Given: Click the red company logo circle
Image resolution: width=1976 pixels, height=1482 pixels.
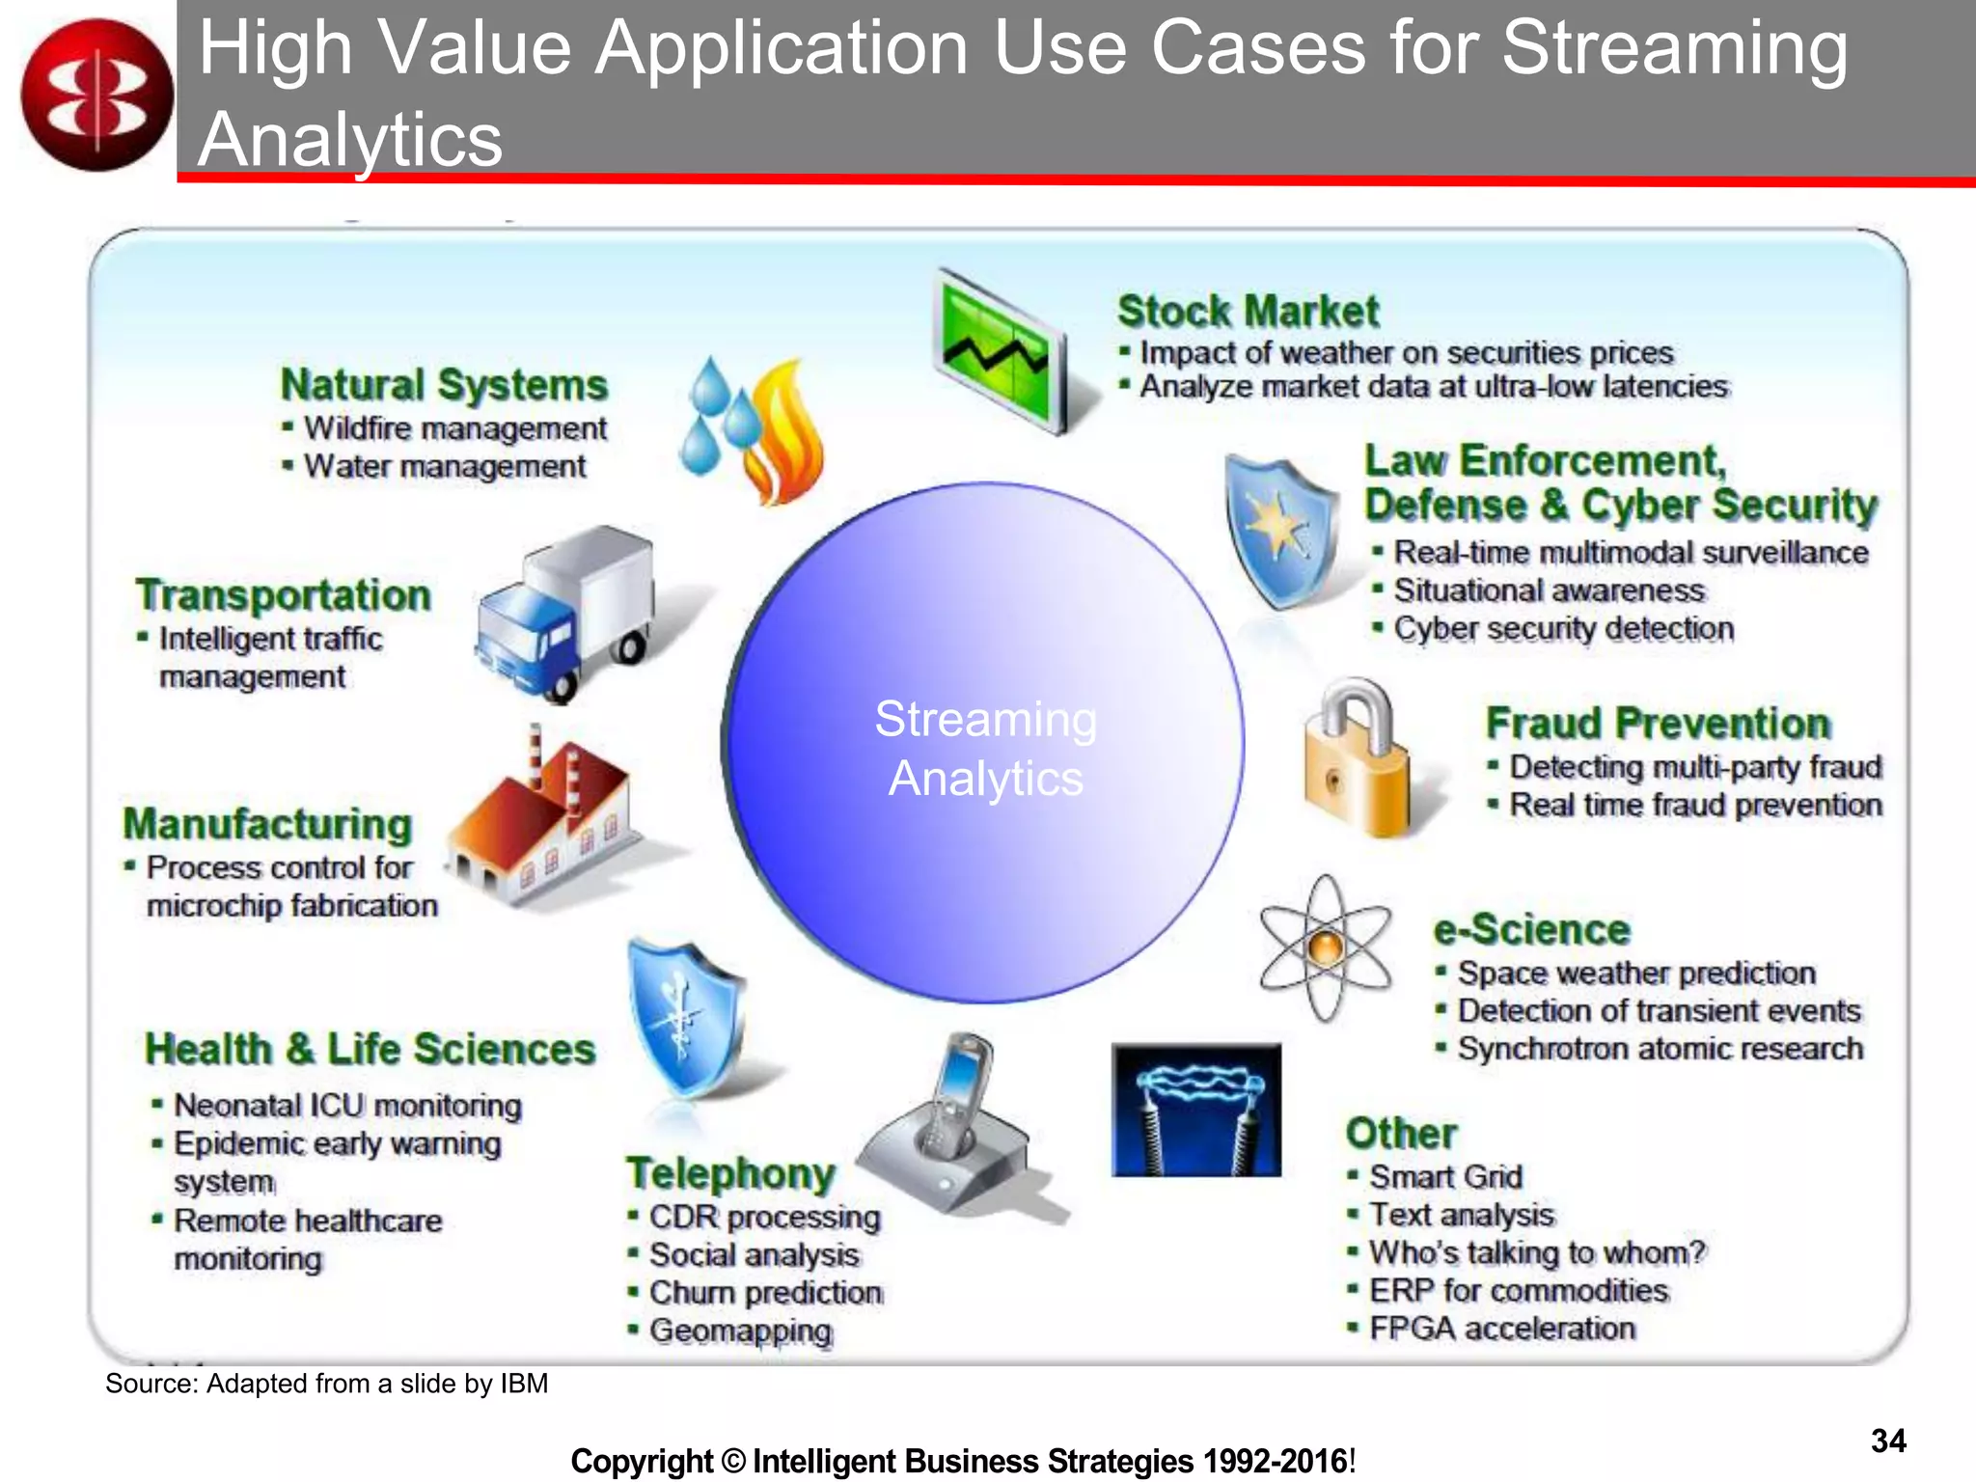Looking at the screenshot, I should click(x=96, y=95).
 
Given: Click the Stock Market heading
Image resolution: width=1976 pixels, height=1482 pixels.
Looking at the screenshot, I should click(x=1248, y=312).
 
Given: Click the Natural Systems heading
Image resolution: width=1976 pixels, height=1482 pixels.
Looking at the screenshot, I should click(x=444, y=385).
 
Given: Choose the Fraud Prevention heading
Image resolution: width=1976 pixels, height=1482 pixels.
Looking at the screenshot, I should click(x=1657, y=723).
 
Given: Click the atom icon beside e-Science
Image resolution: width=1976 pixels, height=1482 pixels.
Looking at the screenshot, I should click(x=1326, y=948).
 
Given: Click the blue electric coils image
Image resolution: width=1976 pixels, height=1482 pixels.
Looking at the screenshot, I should click(x=1196, y=1110).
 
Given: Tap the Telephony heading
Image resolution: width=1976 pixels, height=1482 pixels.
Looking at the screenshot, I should click(x=730, y=1174).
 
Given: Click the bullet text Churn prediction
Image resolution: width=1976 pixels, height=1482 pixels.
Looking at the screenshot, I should click(x=765, y=1293).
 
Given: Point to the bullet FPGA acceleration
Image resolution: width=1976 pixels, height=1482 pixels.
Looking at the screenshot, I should click(x=1501, y=1329).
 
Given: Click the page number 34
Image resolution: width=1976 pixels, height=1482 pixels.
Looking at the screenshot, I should click(x=1888, y=1441).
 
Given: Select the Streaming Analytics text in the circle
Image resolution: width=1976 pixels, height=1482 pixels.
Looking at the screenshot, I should click(x=985, y=749).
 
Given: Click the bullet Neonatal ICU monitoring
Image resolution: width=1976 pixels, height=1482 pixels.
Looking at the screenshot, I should click(x=347, y=1106).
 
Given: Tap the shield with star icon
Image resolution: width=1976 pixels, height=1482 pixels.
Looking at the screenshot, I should click(x=1280, y=530).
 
